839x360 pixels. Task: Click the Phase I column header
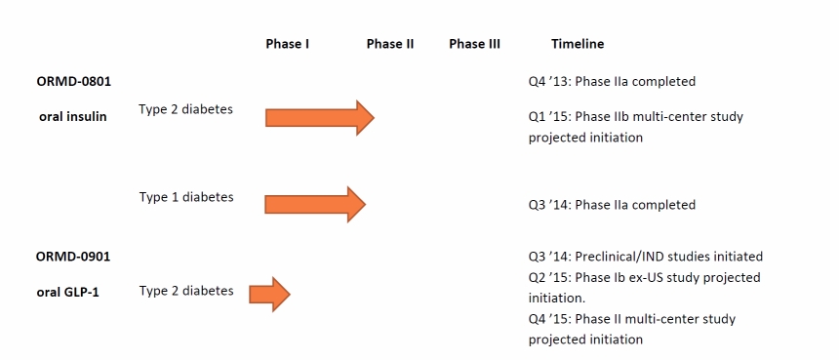(288, 44)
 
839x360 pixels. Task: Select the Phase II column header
(390, 44)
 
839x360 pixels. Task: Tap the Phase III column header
(474, 44)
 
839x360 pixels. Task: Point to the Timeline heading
(578, 44)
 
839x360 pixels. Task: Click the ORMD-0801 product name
(74, 82)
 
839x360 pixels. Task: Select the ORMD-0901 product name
(73, 257)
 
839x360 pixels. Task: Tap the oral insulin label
(73, 117)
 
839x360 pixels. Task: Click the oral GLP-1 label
(68, 293)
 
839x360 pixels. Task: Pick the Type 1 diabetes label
(186, 197)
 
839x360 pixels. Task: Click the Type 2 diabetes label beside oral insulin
(185, 109)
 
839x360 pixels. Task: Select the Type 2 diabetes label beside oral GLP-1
(186, 291)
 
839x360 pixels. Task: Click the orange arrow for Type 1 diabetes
(315, 204)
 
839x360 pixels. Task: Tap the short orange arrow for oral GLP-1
(269, 295)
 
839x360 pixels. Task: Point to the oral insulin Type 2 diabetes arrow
(320, 118)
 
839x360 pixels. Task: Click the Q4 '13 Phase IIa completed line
(612, 82)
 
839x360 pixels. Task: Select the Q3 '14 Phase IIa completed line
(612, 206)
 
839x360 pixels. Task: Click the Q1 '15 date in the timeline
(549, 117)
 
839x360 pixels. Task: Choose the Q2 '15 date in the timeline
(549, 278)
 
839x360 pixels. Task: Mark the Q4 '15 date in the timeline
(549, 319)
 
